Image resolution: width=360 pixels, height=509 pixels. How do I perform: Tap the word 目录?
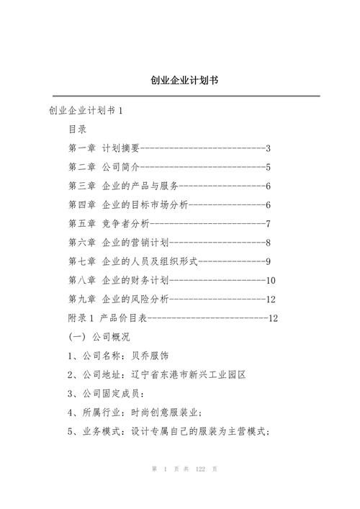(x=77, y=130)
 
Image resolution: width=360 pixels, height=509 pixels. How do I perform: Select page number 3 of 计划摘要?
(x=268, y=149)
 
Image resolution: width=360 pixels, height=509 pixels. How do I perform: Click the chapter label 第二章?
(x=82, y=168)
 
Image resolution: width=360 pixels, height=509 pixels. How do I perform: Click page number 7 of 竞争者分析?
(x=268, y=224)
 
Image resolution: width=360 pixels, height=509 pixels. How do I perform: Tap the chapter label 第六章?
(x=82, y=243)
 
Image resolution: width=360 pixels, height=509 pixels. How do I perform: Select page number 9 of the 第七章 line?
(x=268, y=261)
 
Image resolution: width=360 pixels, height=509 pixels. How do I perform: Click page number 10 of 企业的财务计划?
(x=271, y=280)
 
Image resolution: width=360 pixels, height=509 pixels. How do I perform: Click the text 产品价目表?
(x=122, y=317)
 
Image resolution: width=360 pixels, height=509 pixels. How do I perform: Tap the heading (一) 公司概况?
(x=99, y=336)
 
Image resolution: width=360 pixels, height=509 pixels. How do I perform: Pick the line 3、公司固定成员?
(x=106, y=393)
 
